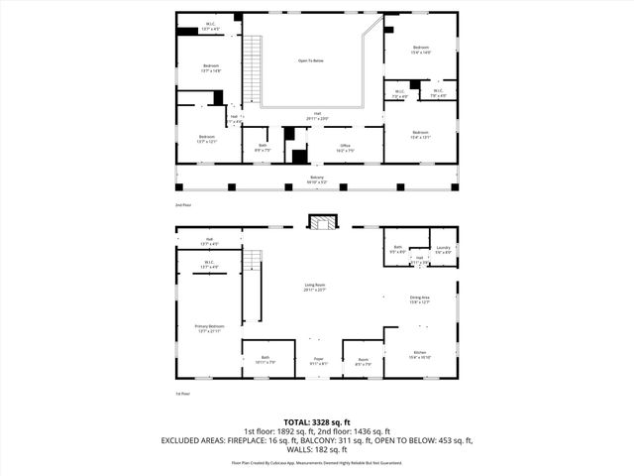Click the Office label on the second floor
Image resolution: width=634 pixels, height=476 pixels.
click(344, 149)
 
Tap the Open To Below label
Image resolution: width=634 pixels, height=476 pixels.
click(311, 61)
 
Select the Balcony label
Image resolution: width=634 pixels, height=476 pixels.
click(317, 179)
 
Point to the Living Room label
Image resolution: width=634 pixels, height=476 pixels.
click(315, 288)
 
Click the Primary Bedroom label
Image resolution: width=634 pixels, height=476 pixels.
click(209, 328)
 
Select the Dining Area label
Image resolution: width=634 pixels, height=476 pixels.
click(420, 299)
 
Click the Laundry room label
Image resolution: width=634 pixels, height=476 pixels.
click(443, 250)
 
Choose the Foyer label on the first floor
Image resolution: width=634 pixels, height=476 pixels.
click(319, 361)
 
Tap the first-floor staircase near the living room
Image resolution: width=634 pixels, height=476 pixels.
click(252, 273)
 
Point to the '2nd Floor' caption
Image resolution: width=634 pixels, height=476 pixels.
click(183, 205)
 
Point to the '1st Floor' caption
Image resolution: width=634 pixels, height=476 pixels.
click(183, 394)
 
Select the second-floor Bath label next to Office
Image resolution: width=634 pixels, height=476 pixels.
click(263, 149)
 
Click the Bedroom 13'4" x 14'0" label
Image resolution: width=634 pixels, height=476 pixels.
click(421, 51)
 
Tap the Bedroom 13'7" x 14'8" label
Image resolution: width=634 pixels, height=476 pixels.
click(210, 69)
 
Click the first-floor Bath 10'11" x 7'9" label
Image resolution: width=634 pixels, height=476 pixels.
click(265, 360)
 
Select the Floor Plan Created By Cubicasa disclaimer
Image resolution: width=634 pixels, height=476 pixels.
click(317, 462)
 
